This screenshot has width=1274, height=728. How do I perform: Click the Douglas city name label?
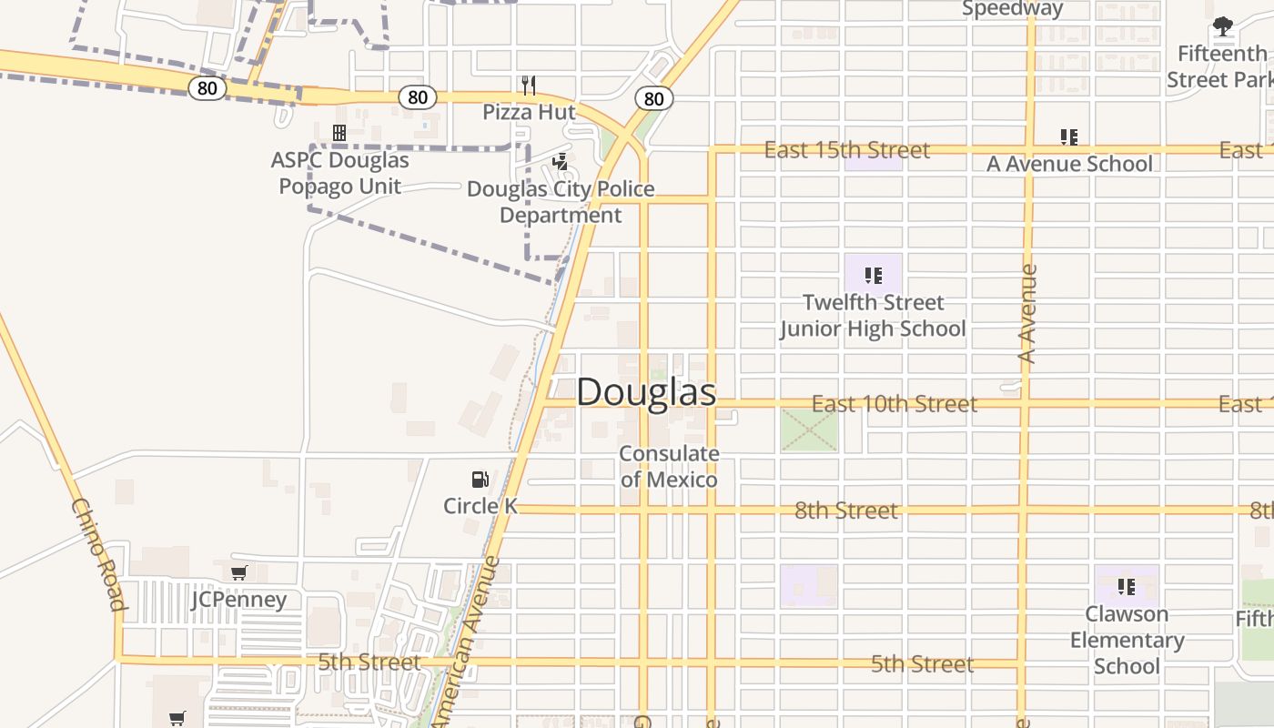click(646, 392)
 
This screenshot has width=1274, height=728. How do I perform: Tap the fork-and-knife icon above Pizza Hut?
click(529, 86)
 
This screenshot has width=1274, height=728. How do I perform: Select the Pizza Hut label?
click(529, 112)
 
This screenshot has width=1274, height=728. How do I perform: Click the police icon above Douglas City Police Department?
click(561, 163)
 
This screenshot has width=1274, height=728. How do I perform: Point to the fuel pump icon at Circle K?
click(480, 480)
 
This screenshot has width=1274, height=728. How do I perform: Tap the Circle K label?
click(480, 506)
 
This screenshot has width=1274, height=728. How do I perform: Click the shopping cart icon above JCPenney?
click(238, 572)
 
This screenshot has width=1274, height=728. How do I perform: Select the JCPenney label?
click(238, 600)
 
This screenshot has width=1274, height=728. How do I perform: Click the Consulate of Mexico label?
click(669, 466)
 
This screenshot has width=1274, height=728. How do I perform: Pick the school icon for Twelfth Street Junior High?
click(873, 275)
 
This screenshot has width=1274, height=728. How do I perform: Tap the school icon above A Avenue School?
click(1069, 137)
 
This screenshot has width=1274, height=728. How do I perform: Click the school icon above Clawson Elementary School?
click(1127, 587)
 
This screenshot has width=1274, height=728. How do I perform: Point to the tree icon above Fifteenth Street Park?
click(1223, 27)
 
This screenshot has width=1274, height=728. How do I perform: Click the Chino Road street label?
click(98, 554)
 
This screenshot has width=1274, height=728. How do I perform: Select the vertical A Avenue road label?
click(1027, 314)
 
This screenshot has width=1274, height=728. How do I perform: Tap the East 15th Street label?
click(846, 150)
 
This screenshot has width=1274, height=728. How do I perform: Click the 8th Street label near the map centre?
click(846, 511)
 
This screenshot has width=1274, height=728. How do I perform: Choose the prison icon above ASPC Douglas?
click(339, 134)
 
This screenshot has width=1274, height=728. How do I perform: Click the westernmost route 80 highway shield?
click(207, 87)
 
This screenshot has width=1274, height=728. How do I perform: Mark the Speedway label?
click(1012, 9)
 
